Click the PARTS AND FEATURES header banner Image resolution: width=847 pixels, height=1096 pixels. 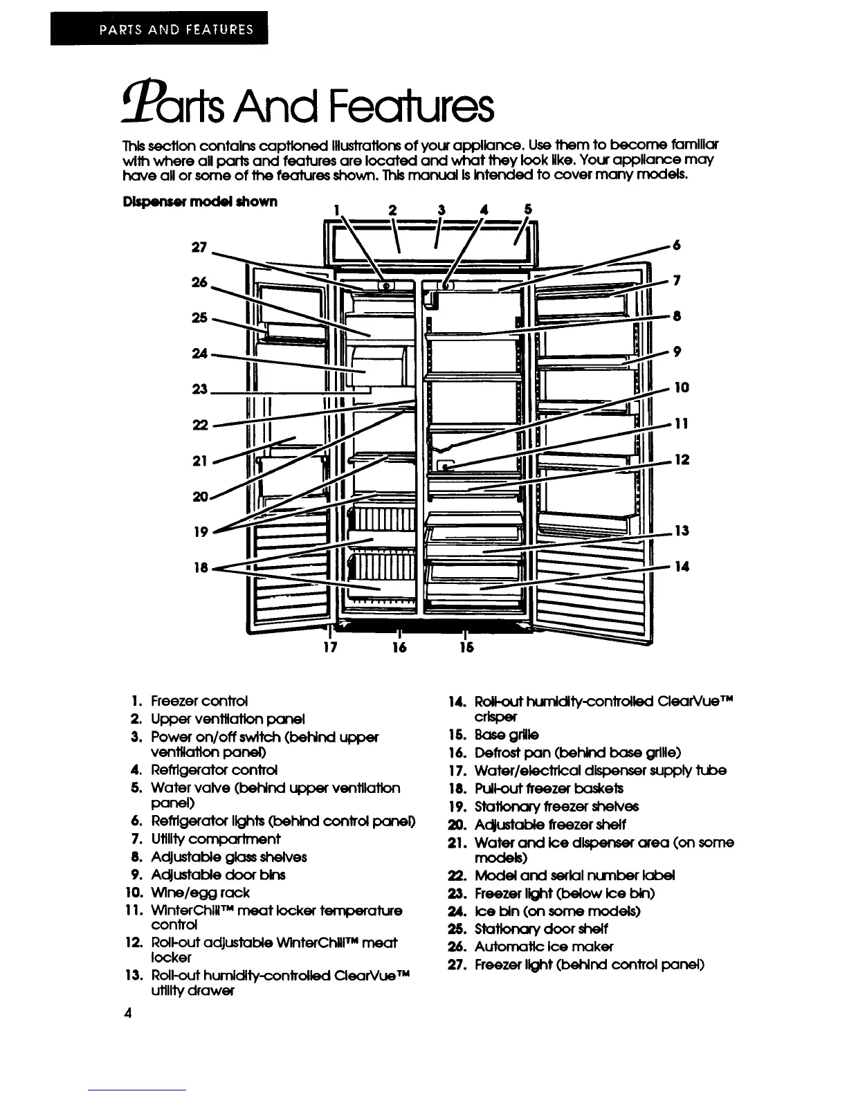point(158,30)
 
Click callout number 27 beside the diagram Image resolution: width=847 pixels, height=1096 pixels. point(199,247)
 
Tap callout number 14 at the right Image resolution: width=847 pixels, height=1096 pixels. point(682,566)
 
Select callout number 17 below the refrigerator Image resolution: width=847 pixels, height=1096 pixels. point(330,648)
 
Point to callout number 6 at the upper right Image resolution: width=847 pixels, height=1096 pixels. point(677,245)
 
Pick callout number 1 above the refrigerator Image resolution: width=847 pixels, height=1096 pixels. point(336,209)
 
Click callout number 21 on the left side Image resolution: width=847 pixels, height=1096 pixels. point(199,460)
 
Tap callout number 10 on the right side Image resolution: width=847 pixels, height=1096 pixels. point(682,387)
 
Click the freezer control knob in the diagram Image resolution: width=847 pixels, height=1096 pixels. point(385,285)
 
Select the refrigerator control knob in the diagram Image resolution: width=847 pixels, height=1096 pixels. point(446,285)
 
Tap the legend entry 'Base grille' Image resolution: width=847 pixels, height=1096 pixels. point(507,734)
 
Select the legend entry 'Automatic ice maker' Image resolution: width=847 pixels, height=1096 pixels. point(543,947)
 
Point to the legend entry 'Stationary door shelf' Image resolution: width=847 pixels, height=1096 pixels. point(541,929)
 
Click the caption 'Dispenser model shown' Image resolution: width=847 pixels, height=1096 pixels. point(200,201)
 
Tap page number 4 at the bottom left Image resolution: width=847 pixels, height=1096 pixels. point(127,1013)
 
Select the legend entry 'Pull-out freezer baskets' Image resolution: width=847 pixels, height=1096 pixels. point(549,788)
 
